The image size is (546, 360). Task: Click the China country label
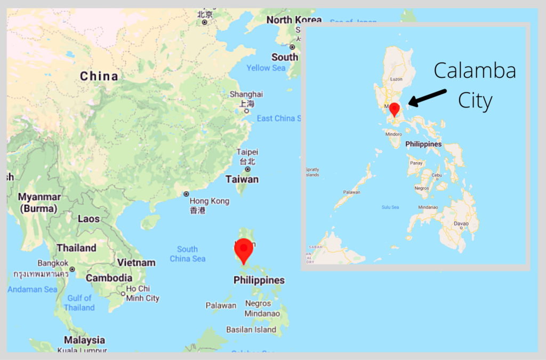(99, 76)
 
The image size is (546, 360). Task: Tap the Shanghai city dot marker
(246, 111)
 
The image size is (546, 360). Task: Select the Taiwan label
(242, 179)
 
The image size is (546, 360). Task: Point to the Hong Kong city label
(210, 201)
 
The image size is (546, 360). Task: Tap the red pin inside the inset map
(394, 109)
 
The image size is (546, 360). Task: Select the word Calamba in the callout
(475, 70)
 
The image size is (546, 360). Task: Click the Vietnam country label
(136, 262)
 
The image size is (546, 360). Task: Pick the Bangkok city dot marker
(72, 269)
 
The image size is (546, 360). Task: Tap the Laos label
(89, 219)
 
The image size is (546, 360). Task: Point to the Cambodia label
(109, 278)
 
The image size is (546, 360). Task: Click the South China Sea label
(188, 254)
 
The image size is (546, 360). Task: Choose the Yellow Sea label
(266, 68)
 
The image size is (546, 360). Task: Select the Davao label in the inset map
(461, 223)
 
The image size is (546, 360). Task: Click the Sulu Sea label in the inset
(390, 207)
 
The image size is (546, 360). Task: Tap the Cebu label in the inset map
(437, 175)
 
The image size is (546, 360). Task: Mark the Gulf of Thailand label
(79, 303)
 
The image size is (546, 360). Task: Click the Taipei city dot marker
(247, 169)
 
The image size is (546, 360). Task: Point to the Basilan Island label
(251, 330)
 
